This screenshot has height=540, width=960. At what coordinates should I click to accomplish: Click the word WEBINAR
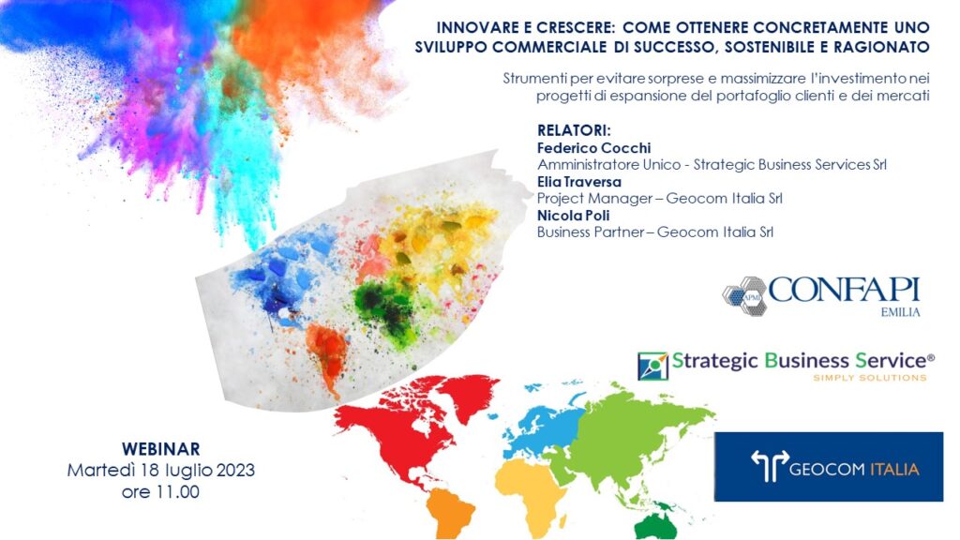tap(161, 449)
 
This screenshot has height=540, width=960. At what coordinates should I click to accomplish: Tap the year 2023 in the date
tap(234, 471)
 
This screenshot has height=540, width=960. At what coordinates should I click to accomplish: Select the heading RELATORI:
tap(575, 130)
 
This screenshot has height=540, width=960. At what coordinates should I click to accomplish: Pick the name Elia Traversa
tap(579, 182)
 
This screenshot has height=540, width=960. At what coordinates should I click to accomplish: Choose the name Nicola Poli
tap(573, 216)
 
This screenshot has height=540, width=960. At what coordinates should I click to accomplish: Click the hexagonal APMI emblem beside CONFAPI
tap(744, 296)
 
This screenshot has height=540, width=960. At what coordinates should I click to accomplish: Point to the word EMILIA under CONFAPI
tap(900, 312)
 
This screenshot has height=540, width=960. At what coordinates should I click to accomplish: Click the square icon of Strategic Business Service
tap(652, 367)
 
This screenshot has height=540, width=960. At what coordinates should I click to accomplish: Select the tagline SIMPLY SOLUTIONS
tap(869, 378)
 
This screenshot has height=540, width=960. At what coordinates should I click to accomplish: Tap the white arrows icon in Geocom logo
tap(770, 466)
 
